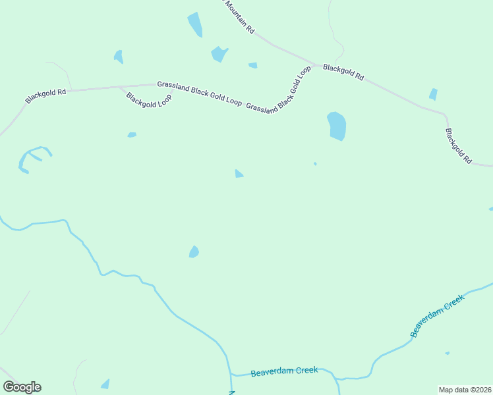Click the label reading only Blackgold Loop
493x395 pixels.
coord(149,101)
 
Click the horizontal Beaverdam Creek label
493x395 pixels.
coord(285,371)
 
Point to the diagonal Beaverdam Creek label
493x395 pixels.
coord(438,315)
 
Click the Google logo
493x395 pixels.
coord(22,387)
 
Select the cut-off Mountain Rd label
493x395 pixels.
coord(239,16)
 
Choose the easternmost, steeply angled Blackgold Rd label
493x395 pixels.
coord(459,146)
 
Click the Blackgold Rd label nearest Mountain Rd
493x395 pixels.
coord(343,72)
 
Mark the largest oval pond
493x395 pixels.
coord(337,125)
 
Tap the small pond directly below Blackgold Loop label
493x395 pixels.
coord(132,135)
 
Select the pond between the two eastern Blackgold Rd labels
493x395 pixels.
coord(433,94)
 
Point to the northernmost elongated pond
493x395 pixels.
coord(195,24)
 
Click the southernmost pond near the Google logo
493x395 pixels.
coord(105,384)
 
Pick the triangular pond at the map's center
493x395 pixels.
coord(239,174)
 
